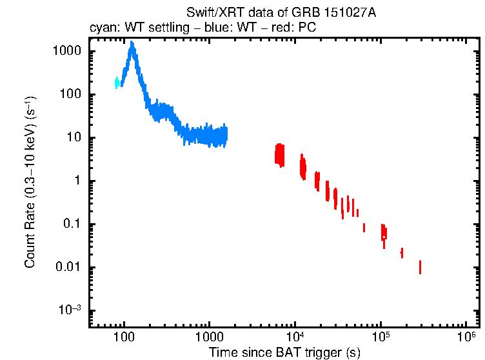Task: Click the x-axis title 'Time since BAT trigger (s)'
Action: tap(284, 352)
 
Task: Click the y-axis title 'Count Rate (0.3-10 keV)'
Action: tap(30, 183)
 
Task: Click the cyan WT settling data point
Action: tap(117, 83)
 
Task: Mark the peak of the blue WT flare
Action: tap(132, 44)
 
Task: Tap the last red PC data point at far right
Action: tap(420, 267)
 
